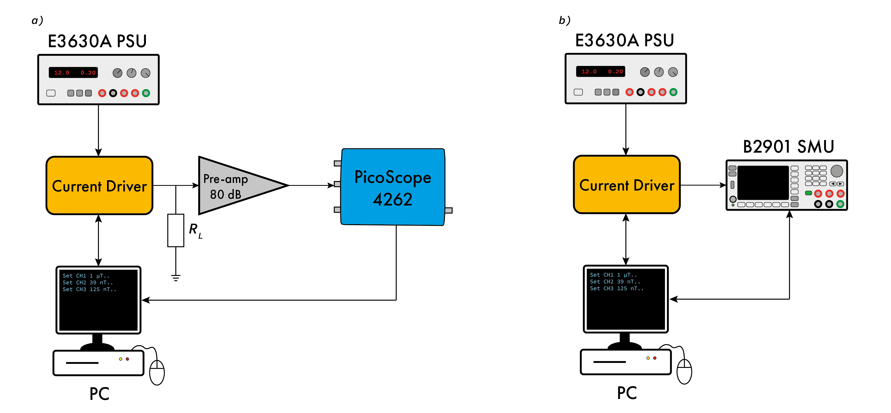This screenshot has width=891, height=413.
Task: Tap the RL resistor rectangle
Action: point(176,230)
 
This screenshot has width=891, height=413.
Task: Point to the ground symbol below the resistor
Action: point(176,278)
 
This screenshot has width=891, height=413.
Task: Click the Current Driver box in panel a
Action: point(99,186)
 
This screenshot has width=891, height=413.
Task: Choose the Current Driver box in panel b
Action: point(627,185)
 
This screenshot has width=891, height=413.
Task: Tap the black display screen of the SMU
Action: point(763,182)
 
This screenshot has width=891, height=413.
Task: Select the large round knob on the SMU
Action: point(837,171)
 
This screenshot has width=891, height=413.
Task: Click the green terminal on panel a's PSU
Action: point(146,93)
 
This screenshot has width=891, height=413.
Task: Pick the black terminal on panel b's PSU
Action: point(640,92)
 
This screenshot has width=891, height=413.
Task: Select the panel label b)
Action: point(564,20)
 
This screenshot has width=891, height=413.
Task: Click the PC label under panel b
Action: point(627,393)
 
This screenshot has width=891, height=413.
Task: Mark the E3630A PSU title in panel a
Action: point(97,41)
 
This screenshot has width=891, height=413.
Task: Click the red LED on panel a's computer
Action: point(127,359)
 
